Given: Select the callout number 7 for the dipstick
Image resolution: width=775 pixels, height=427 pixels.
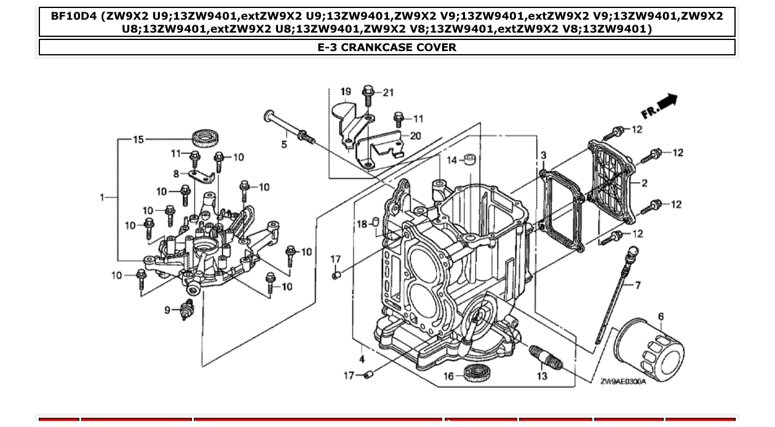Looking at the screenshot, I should point(638,285).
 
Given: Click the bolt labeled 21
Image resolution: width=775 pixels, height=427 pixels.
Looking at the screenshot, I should point(368,94).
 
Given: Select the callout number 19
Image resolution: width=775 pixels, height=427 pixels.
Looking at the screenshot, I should point(345,92).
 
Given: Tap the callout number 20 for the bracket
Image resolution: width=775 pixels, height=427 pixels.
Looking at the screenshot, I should point(415,136).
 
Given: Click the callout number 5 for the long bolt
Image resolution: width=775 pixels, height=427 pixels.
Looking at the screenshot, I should point(284,145).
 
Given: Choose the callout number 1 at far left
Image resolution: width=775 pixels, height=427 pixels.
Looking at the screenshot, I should point(102,198).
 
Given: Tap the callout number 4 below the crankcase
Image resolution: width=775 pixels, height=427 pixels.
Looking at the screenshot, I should point(362,359).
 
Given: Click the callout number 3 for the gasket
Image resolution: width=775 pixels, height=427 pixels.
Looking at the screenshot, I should point(544,156).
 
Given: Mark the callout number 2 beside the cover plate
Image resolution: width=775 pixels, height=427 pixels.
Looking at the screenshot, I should point(644,183).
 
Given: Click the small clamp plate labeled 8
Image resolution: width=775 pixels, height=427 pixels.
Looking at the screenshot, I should point(201,177).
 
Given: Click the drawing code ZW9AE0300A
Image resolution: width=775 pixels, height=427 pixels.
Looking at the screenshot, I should point(622,381).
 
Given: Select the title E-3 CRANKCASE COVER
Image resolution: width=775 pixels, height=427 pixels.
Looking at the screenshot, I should point(387,47).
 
